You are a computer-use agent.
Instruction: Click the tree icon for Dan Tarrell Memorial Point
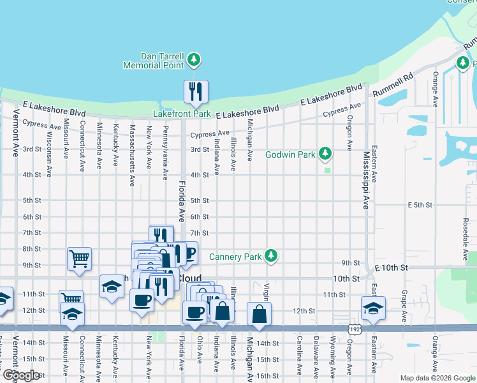click(x=194, y=61)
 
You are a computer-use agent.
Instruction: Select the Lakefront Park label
click(x=182, y=114)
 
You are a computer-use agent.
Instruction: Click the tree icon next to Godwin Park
click(x=325, y=154)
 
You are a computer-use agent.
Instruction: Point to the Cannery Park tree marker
click(x=272, y=256)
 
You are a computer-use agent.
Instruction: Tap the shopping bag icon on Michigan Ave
click(x=259, y=314)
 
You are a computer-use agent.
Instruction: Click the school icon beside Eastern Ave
click(x=373, y=308)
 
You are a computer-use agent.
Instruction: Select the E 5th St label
click(x=420, y=206)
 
